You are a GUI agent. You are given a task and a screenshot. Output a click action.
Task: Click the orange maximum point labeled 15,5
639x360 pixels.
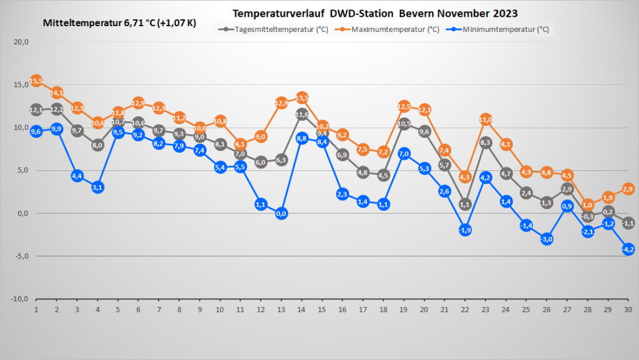click(x=36, y=81)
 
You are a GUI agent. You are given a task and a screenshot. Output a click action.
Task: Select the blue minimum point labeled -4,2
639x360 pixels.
click(x=628, y=249)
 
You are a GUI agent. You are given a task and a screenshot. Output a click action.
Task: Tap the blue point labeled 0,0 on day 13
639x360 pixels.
click(x=281, y=213)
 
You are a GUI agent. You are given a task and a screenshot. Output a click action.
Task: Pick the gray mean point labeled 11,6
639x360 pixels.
click(x=302, y=114)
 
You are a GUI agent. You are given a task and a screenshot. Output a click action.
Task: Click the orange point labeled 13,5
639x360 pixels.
click(x=302, y=98)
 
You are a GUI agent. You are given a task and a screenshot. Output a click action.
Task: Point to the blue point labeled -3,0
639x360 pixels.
click(x=547, y=239)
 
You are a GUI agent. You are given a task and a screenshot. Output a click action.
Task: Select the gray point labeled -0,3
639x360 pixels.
click(x=587, y=216)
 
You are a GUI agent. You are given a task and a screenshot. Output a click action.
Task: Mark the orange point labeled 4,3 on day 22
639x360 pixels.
click(x=465, y=177)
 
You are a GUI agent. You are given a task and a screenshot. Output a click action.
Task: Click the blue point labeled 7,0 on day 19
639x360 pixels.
click(x=404, y=153)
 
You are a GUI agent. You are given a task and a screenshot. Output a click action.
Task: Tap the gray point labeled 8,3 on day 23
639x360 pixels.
click(x=485, y=142)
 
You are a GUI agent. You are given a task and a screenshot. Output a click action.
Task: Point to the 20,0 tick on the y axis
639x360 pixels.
click(x=22, y=42)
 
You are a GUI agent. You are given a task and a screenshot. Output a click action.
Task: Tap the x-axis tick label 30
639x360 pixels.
click(x=628, y=309)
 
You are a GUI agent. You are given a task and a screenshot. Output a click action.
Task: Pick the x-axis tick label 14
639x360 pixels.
click(x=302, y=309)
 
